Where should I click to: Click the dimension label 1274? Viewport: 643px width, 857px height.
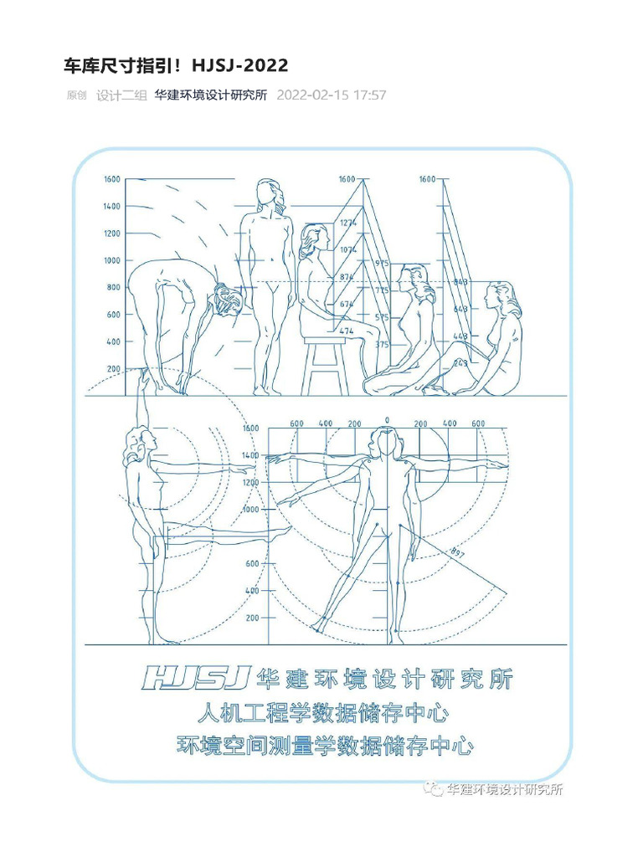pyautogui.click(x=348, y=223)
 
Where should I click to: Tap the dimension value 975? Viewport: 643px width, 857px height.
pyautogui.click(x=382, y=264)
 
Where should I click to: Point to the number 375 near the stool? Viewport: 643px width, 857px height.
pyautogui.click(x=382, y=345)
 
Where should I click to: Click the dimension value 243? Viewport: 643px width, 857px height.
pyautogui.click(x=460, y=363)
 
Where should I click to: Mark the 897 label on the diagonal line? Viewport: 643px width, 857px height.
pyautogui.click(x=457, y=552)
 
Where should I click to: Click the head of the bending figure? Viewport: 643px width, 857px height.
pyautogui.click(x=227, y=300)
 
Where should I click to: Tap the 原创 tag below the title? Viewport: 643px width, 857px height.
pyautogui.click(x=76, y=95)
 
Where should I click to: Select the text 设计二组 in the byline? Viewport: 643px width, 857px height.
pyautogui.click(x=121, y=95)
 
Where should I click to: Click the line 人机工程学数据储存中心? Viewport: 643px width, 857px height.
pyautogui.click(x=321, y=715)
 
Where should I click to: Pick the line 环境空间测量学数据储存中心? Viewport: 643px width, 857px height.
pyautogui.click(x=325, y=745)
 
